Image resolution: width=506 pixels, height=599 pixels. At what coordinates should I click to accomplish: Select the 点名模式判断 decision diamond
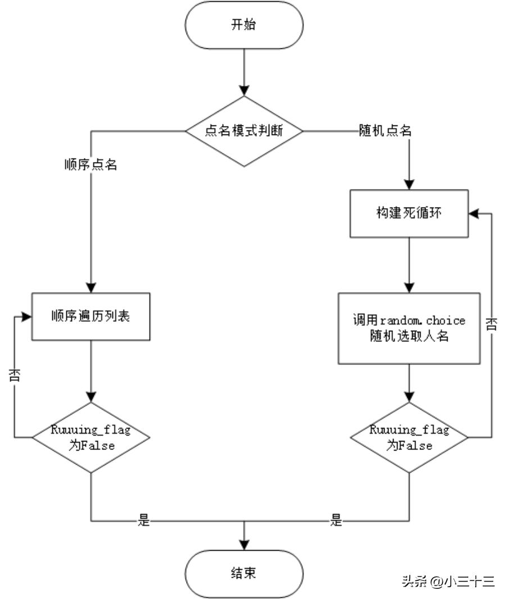point(244,132)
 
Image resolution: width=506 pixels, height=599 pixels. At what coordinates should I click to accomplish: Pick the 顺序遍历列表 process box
point(91,316)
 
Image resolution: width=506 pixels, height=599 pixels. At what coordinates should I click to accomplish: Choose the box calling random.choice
point(409,328)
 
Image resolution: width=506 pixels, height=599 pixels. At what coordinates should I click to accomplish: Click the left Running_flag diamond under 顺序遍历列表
point(91,438)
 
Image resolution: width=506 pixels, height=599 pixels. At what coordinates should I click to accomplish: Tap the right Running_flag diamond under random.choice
point(409,438)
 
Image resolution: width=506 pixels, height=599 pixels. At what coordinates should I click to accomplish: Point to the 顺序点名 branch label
point(91,165)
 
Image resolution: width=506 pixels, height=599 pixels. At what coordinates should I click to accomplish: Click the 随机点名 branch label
point(386,132)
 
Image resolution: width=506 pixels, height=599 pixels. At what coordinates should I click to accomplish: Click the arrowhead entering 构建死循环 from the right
point(473,213)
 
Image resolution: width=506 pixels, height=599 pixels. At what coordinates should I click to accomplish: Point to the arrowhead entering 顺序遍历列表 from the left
point(26,316)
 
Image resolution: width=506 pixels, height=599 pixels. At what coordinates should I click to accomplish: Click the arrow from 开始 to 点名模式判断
point(244,70)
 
